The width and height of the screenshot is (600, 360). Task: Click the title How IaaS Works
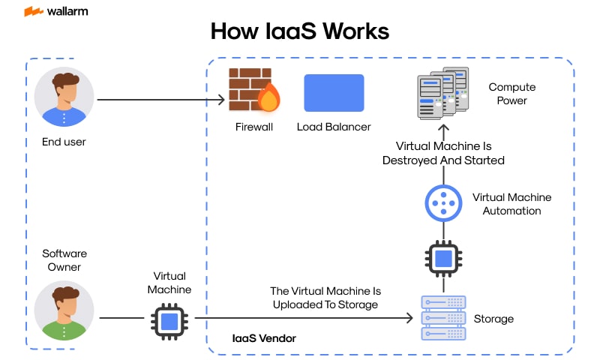click(299, 31)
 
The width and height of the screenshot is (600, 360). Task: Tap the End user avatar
click(64, 97)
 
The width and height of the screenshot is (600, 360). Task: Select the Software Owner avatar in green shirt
click(64, 310)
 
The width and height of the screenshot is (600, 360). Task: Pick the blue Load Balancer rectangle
click(334, 93)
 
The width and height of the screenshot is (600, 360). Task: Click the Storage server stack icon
click(442, 318)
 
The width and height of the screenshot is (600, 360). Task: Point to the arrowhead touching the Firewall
click(223, 99)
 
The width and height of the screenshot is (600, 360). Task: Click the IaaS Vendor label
click(264, 339)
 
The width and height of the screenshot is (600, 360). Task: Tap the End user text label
click(64, 141)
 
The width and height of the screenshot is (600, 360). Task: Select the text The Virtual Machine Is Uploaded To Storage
click(324, 297)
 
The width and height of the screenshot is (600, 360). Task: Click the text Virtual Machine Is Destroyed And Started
click(443, 153)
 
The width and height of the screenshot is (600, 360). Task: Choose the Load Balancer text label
click(334, 127)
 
